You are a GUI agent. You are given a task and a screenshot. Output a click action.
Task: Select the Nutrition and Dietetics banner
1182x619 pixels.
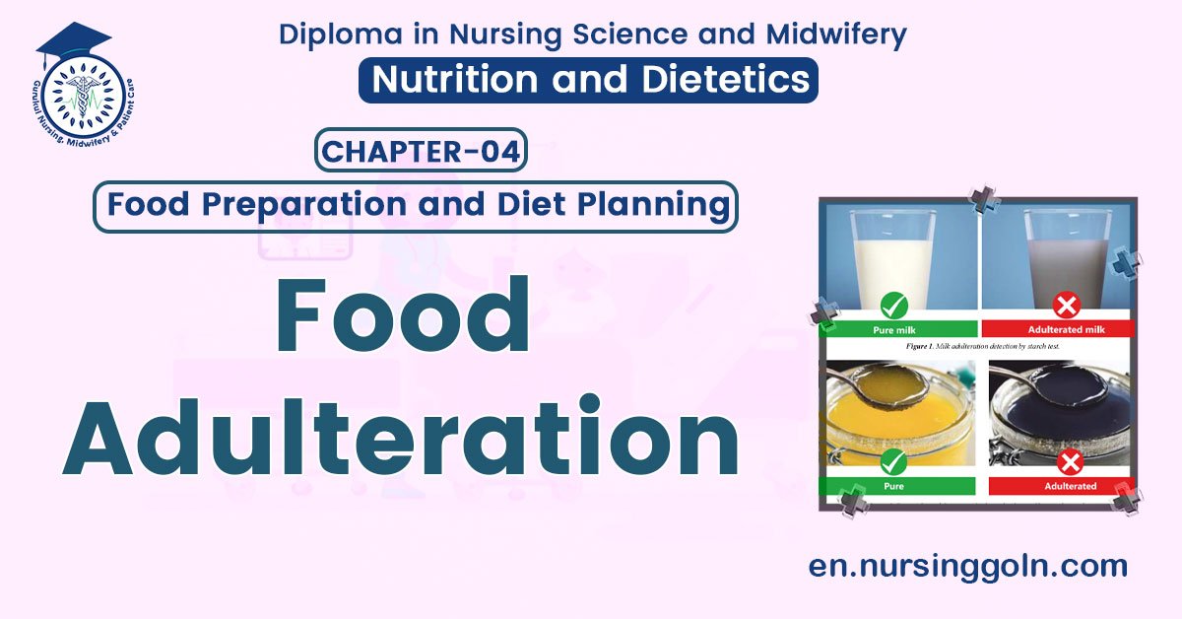click(x=588, y=80)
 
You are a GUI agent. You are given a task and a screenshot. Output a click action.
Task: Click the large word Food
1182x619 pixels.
click(x=401, y=318)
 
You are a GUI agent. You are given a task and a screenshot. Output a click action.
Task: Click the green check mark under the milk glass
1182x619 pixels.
click(x=895, y=305)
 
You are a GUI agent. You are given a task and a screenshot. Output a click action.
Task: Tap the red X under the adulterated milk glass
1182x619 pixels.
click(x=1067, y=305)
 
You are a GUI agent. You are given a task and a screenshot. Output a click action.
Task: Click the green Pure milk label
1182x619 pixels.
click(x=896, y=329)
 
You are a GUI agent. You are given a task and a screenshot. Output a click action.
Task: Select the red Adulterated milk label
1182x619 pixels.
click(x=1062, y=329)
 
